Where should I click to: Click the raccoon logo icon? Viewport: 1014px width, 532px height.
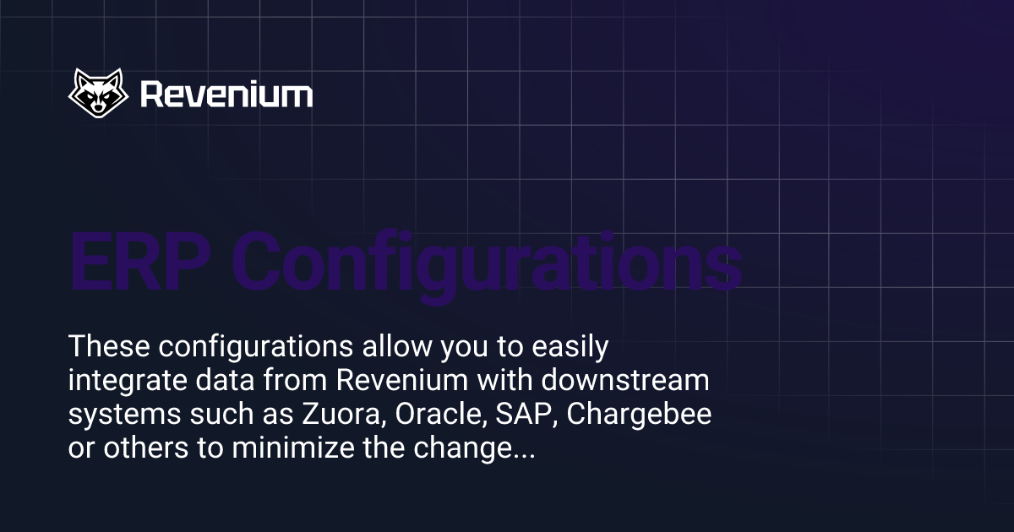(x=98, y=93)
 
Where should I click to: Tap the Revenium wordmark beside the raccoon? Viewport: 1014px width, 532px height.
(x=226, y=94)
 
